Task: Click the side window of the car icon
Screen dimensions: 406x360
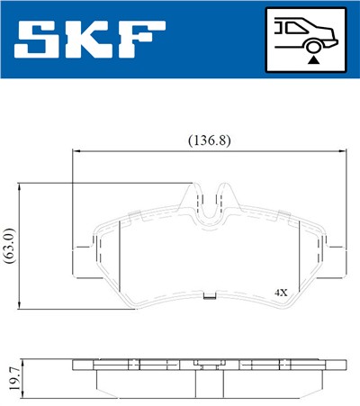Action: pyautogui.click(x=292, y=27)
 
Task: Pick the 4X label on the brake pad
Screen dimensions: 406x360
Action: pyautogui.click(x=280, y=293)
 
